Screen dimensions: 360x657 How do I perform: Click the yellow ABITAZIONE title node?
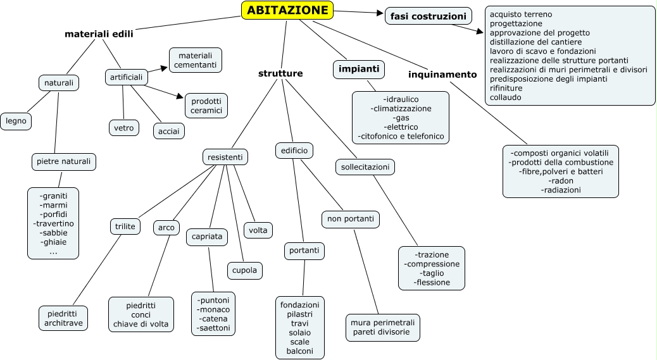287,10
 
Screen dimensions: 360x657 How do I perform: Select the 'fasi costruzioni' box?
429,16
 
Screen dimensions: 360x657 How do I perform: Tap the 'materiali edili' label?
99,34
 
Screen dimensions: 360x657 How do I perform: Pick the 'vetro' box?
123,128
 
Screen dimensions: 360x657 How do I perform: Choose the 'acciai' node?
169,131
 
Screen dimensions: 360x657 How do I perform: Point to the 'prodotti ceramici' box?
206,105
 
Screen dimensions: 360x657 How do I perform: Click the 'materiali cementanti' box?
195,59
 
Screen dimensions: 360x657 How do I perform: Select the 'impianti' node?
359,68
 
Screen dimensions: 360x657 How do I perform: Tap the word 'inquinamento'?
442,74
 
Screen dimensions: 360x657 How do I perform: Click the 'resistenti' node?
225,156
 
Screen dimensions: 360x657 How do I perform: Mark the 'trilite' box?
125,227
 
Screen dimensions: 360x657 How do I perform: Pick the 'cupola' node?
244,270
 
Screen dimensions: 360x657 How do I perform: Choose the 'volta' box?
258,230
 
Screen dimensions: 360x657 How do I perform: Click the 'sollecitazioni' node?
365,167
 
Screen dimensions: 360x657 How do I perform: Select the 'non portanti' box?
350,220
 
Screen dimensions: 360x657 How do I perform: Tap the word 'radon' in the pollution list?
561,180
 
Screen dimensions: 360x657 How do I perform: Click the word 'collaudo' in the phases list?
506,97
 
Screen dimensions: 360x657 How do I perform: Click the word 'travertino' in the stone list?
53,223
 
